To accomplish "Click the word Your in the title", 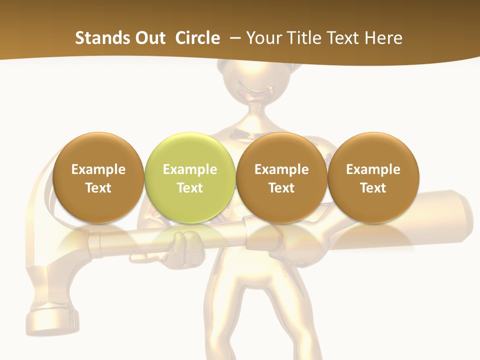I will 262,38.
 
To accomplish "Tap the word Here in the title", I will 384,38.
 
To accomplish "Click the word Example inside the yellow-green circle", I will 190,169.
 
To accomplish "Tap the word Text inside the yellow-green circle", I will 190,188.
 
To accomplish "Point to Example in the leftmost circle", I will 98,169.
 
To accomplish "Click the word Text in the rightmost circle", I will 373,188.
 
